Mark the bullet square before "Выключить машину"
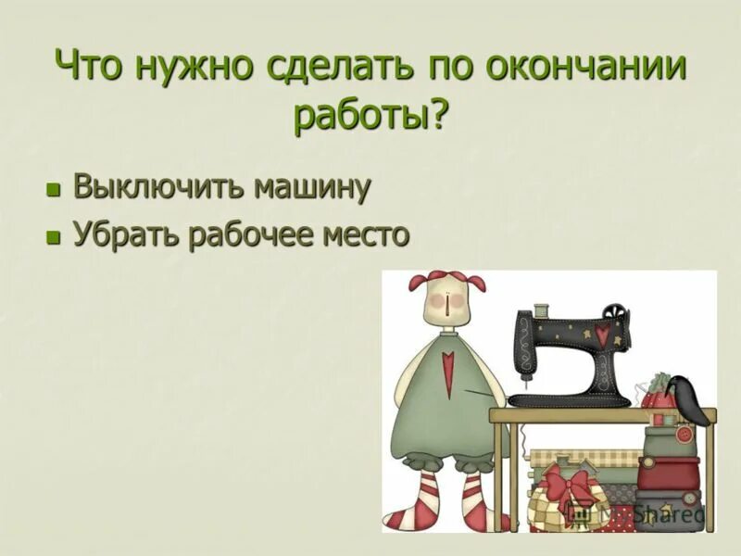click(53, 190)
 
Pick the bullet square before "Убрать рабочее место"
click(53, 236)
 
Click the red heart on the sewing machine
click(601, 334)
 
